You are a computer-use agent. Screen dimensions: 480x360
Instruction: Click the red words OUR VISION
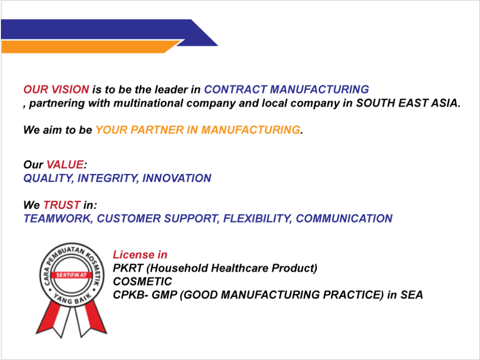56,90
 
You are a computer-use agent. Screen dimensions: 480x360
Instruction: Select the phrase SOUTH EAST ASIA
408,103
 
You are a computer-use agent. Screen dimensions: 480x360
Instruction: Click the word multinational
148,103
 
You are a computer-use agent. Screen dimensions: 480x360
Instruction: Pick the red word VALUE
65,165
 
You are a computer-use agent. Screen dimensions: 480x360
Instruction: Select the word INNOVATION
177,178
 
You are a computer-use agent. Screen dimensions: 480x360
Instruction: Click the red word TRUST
62,205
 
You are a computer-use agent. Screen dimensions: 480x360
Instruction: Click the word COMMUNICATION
344,218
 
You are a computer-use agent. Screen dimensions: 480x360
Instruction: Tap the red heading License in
140,255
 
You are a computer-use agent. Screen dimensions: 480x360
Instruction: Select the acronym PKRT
128,268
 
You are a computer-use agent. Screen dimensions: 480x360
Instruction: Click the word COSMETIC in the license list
142,282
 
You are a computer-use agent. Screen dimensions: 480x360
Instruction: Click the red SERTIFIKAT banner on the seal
72,275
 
